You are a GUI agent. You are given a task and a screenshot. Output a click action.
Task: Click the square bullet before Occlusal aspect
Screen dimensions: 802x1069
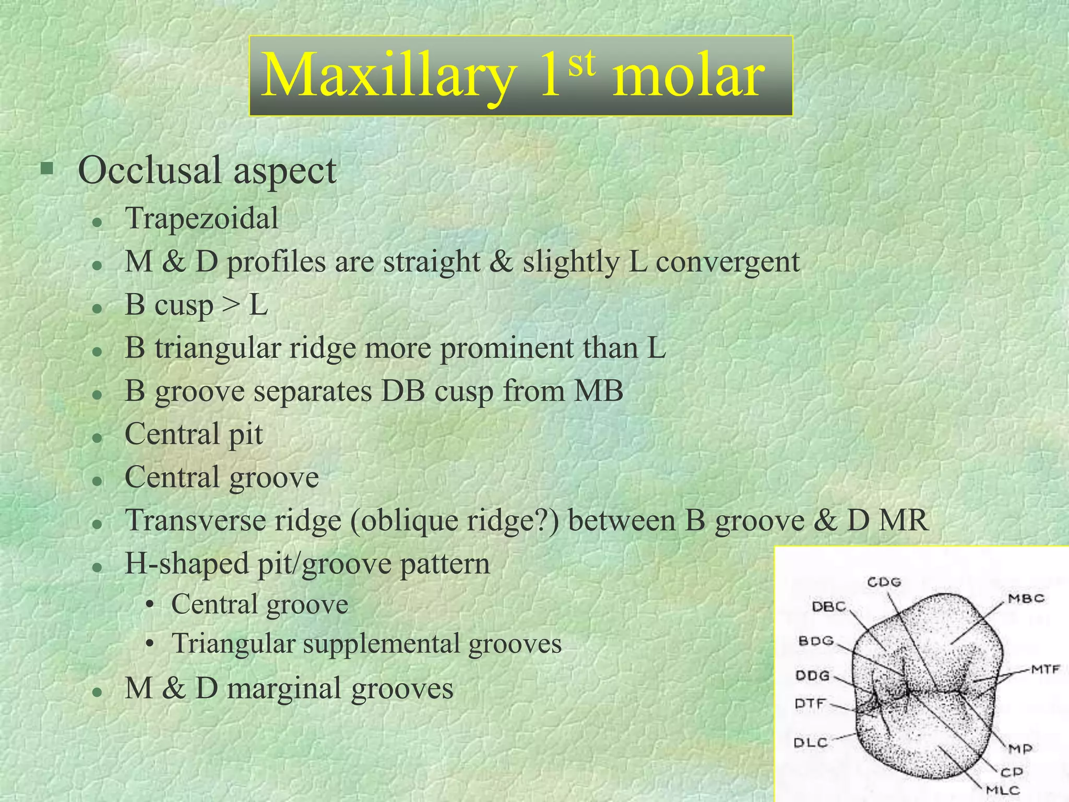(47, 168)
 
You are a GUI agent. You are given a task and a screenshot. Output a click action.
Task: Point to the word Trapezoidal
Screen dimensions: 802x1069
(201, 218)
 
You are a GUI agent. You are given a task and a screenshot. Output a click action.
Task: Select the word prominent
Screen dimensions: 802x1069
(506, 348)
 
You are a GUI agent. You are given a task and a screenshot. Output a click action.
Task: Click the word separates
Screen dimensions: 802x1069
(313, 391)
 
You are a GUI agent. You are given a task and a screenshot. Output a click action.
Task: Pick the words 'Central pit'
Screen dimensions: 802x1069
(194, 434)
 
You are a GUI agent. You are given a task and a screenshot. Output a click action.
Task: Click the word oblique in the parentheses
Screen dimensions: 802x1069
(408, 521)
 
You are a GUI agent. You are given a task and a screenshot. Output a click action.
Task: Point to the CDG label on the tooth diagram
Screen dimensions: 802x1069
(884, 582)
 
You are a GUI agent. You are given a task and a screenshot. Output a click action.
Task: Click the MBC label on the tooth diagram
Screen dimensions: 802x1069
(1026, 598)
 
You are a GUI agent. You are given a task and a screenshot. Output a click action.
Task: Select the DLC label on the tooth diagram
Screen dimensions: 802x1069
(811, 742)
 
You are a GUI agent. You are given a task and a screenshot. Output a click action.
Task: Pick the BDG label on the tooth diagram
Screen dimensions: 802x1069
(816, 641)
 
